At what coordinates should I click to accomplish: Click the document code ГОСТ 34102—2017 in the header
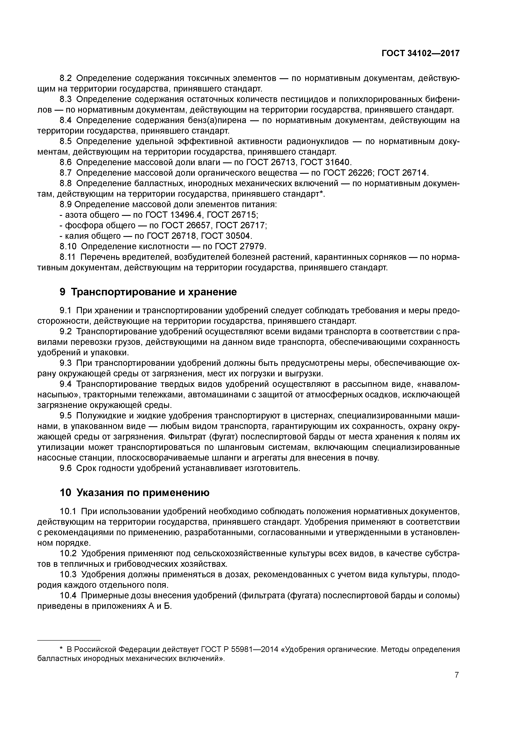click(420, 53)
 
